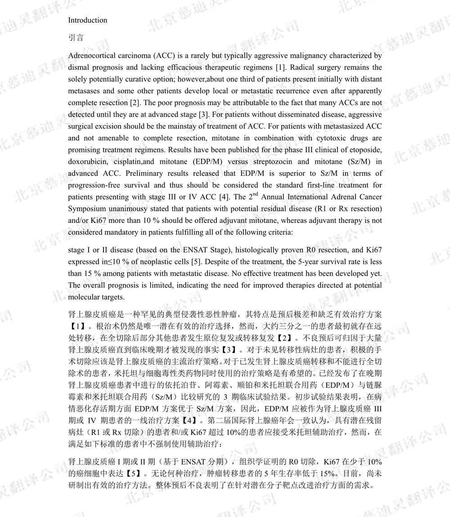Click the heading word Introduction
(x=87, y=20)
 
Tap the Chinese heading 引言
(x=76, y=38)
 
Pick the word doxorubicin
(x=88, y=161)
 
